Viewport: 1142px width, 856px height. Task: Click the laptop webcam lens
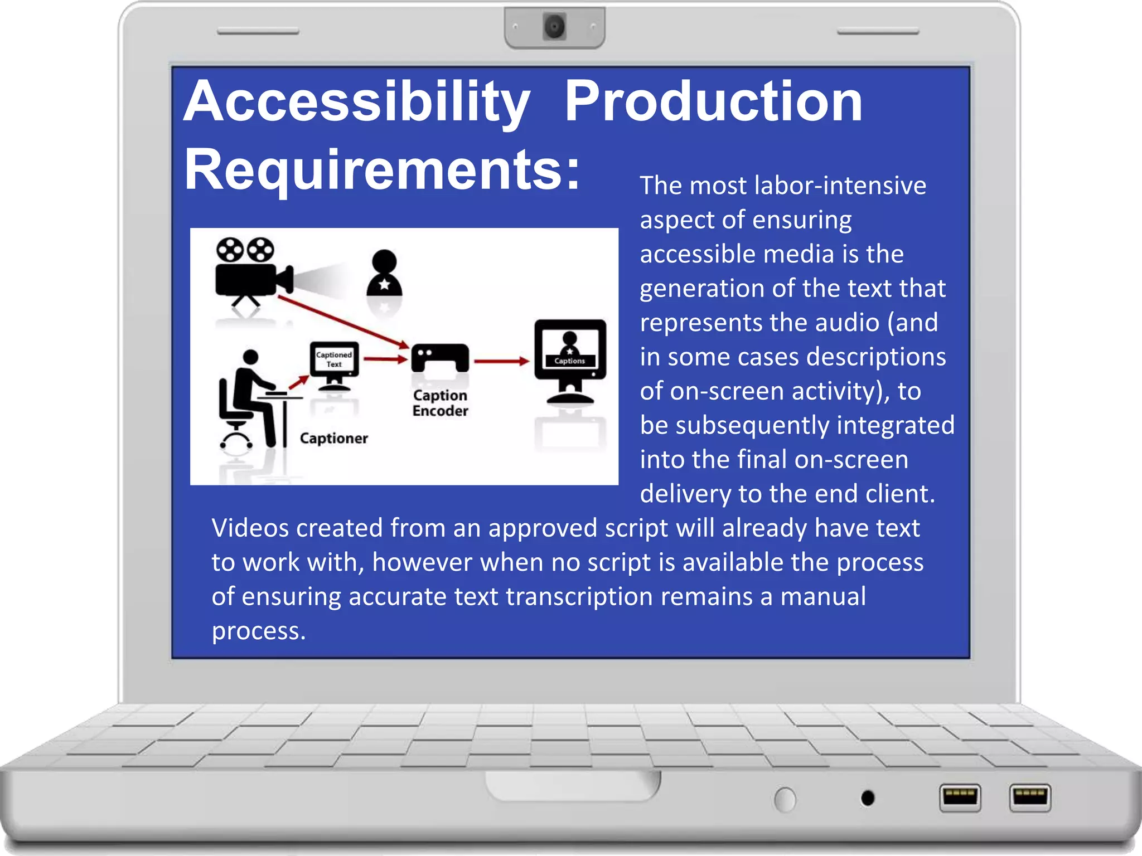coord(554,27)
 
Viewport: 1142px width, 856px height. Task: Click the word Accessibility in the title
coord(357,101)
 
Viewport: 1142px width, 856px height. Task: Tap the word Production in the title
coord(713,101)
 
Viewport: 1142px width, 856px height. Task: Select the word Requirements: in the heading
coord(383,169)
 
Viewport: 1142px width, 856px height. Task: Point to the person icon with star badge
coord(384,274)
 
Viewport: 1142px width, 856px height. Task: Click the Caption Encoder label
coord(440,403)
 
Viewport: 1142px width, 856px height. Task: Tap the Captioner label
coord(333,439)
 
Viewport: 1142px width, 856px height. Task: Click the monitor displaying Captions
coord(570,359)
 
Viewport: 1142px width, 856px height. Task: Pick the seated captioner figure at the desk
coord(250,398)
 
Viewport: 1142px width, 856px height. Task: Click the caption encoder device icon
coord(440,358)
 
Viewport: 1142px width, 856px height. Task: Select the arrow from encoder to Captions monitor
coord(501,361)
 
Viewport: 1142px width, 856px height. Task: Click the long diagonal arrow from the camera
coord(343,322)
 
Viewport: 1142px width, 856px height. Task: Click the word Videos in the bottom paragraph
coord(249,528)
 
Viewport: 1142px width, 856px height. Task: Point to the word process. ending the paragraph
coord(259,631)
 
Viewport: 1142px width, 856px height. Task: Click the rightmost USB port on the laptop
coord(1029,797)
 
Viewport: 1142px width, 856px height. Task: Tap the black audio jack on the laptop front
coord(868,798)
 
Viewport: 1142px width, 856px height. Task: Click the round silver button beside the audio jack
coord(785,800)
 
